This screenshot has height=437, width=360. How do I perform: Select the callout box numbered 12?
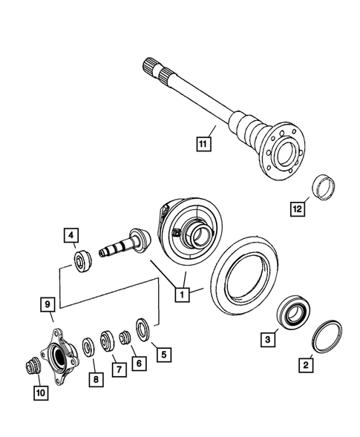point(296,209)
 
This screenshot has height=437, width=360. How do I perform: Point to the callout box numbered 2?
point(304,364)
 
